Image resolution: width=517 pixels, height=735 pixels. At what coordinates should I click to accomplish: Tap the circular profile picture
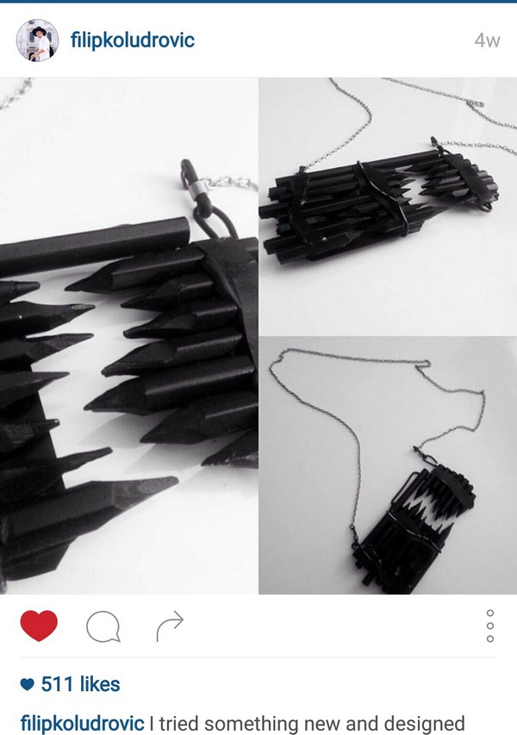[x=38, y=40]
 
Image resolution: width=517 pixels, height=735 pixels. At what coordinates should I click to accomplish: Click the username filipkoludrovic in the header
[x=132, y=40]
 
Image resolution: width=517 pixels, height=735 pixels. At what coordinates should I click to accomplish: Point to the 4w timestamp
[x=487, y=41]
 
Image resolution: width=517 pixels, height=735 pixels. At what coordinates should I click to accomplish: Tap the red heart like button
[x=39, y=626]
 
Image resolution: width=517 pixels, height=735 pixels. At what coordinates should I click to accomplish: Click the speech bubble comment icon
[x=103, y=626]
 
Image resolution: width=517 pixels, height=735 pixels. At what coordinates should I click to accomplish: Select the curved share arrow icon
[x=170, y=626]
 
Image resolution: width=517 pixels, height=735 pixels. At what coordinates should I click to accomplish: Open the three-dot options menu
[x=490, y=626]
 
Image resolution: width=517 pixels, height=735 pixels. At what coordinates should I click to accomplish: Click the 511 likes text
[x=82, y=684]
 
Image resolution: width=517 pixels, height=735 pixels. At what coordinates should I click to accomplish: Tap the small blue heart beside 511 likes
[x=28, y=685]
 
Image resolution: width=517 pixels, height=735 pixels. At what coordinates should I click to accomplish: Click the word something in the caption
[x=258, y=723]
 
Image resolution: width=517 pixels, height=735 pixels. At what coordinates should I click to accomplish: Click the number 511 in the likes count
[x=60, y=684]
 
